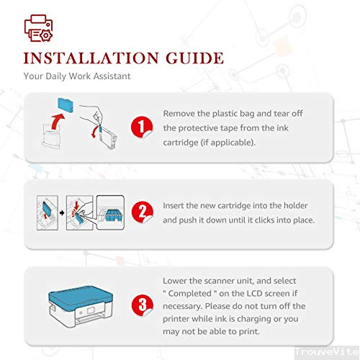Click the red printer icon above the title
click(x=38, y=28)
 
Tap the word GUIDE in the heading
click(x=194, y=58)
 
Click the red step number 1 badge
click(x=142, y=127)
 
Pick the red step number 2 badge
click(x=143, y=212)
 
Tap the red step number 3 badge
click(x=143, y=305)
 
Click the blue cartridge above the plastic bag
click(x=66, y=105)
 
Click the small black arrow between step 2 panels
click(x=62, y=213)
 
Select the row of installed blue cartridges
click(x=113, y=215)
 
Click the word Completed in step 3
click(x=189, y=294)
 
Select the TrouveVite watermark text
click(x=326, y=352)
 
